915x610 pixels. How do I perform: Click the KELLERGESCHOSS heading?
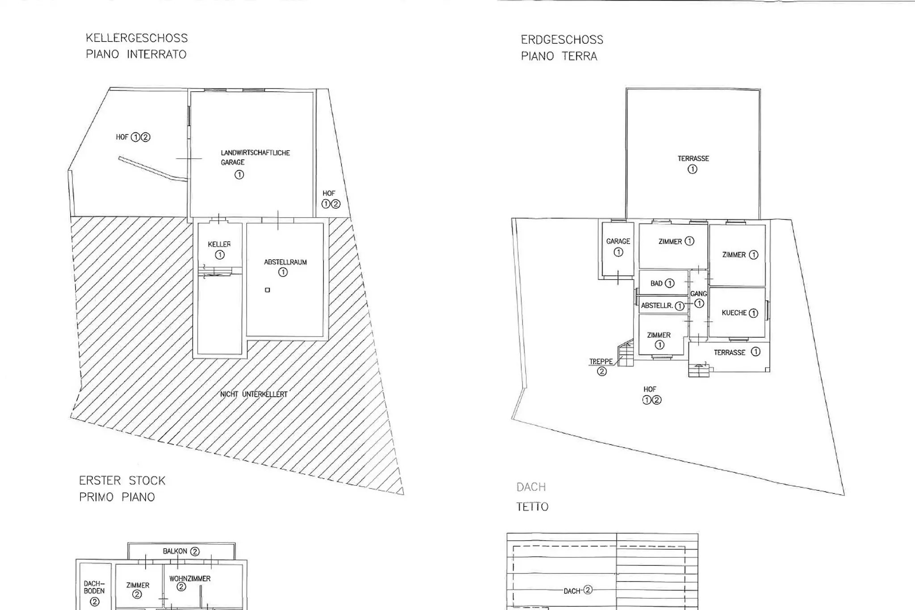tap(137, 38)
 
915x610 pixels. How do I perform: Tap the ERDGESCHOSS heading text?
tap(562, 40)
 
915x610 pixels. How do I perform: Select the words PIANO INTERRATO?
tap(136, 55)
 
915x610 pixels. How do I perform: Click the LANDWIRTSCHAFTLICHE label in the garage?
tap(256, 153)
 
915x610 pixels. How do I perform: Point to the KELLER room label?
tap(219, 244)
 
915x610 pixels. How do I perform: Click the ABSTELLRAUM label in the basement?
tap(285, 262)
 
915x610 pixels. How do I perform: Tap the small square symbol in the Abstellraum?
tap(268, 290)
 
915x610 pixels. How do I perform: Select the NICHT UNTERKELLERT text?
tap(254, 394)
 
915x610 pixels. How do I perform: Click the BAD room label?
tap(656, 283)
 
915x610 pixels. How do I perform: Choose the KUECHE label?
tap(734, 313)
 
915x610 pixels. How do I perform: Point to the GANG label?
tap(699, 294)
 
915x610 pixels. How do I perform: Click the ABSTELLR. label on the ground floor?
tap(657, 306)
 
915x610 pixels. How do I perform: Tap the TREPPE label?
tap(601, 362)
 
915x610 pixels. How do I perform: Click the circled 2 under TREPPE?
tap(602, 371)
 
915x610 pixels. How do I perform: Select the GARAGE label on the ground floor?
tap(618, 241)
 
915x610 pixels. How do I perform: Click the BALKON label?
tap(175, 551)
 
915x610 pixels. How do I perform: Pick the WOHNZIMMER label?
tap(190, 579)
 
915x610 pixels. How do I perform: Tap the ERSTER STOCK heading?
tap(122, 481)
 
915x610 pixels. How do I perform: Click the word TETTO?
tap(533, 507)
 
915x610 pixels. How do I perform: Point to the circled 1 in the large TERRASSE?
tap(693, 169)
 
